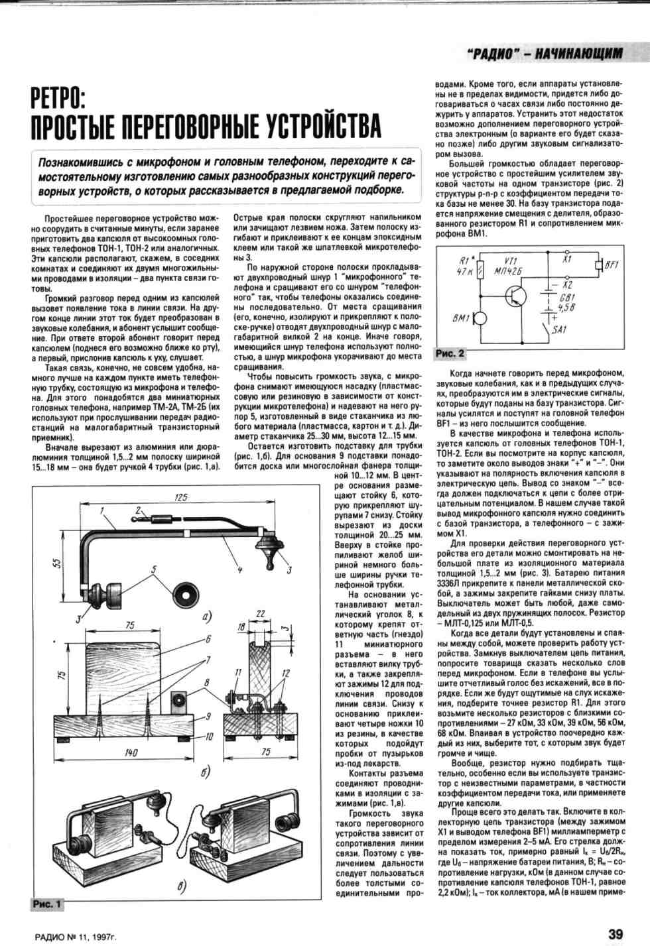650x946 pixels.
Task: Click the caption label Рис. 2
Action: (450, 354)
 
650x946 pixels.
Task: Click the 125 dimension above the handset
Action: (180, 498)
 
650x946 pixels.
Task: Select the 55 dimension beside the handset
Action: (58, 563)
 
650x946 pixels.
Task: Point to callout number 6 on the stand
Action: (208, 640)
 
